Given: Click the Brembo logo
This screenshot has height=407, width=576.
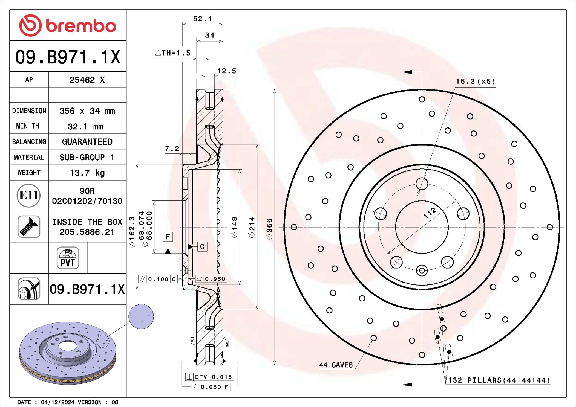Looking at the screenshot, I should [x=68, y=26].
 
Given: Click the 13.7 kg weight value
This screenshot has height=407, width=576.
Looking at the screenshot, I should [x=87, y=173].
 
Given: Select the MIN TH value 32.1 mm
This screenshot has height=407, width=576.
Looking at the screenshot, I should [x=85, y=127].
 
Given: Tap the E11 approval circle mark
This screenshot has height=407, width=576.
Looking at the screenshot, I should [x=29, y=196].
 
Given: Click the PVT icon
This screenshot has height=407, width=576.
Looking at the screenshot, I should [x=68, y=258].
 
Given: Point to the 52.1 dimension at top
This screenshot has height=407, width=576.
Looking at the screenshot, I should [x=202, y=19].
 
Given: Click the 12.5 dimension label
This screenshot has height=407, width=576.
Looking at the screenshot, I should [x=226, y=71].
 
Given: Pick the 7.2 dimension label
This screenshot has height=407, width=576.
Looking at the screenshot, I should [x=172, y=149].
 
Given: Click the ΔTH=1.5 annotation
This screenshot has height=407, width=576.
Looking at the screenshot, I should [x=173, y=53].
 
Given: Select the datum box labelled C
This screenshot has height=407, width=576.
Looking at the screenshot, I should [x=202, y=247].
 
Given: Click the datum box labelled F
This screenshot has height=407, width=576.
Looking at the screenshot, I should [x=168, y=237].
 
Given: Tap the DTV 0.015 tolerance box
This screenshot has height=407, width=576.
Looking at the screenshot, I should [x=210, y=377].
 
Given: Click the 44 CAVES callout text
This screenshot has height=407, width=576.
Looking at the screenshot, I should [x=336, y=365].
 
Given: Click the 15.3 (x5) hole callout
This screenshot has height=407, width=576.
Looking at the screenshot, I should [x=475, y=82].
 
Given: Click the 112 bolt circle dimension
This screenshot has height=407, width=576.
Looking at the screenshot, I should [x=430, y=213].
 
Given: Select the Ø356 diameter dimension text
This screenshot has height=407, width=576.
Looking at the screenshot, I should [x=269, y=229].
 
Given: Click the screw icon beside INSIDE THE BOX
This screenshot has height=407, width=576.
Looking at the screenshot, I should [x=29, y=226].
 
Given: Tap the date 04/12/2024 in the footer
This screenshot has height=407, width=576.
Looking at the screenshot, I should [x=57, y=402].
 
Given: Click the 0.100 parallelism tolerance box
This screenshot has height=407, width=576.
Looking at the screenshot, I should [x=158, y=279].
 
